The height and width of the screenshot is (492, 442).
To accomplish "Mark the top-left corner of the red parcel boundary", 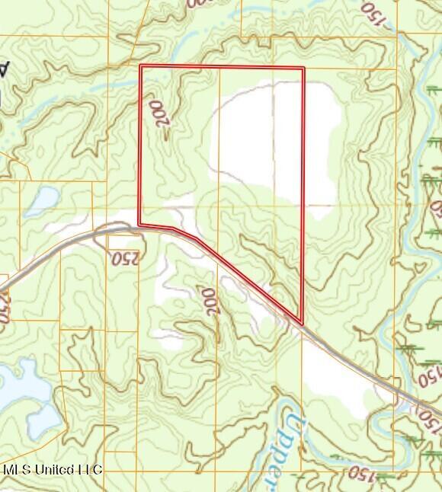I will [141, 67].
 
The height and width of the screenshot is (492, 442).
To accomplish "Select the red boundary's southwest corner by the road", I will [139, 224].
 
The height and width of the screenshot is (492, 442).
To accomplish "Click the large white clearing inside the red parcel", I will [274, 141].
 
